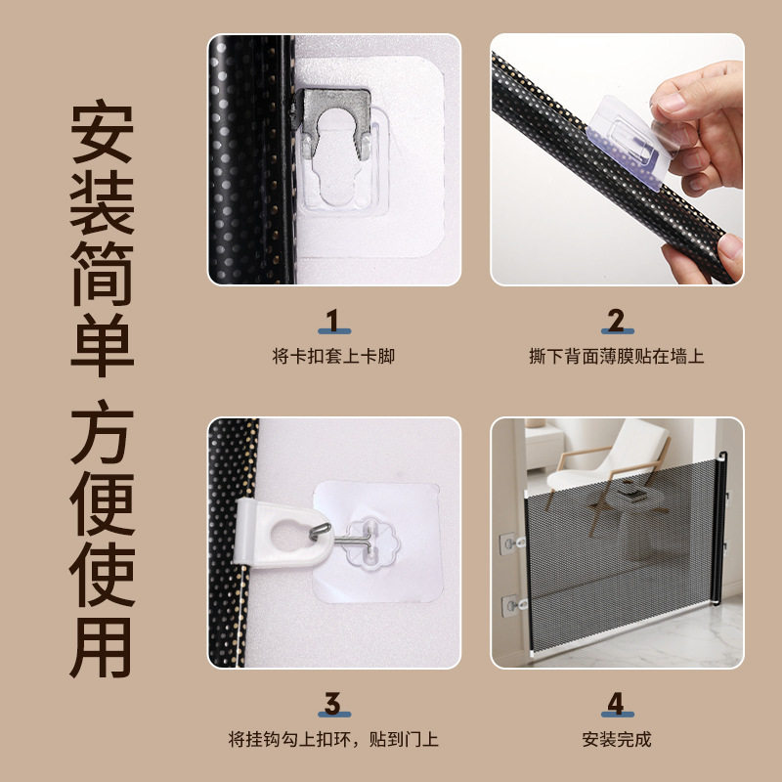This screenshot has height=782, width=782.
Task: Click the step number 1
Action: (x=333, y=322)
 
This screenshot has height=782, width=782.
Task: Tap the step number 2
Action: (x=616, y=322)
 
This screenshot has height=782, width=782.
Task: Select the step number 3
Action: (x=333, y=703)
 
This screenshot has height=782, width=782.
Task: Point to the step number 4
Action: (x=616, y=703)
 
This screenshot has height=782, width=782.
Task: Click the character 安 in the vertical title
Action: (x=101, y=136)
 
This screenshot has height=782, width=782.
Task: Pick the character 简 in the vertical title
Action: (x=101, y=273)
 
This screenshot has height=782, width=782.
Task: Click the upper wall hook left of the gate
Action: (x=511, y=541)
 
